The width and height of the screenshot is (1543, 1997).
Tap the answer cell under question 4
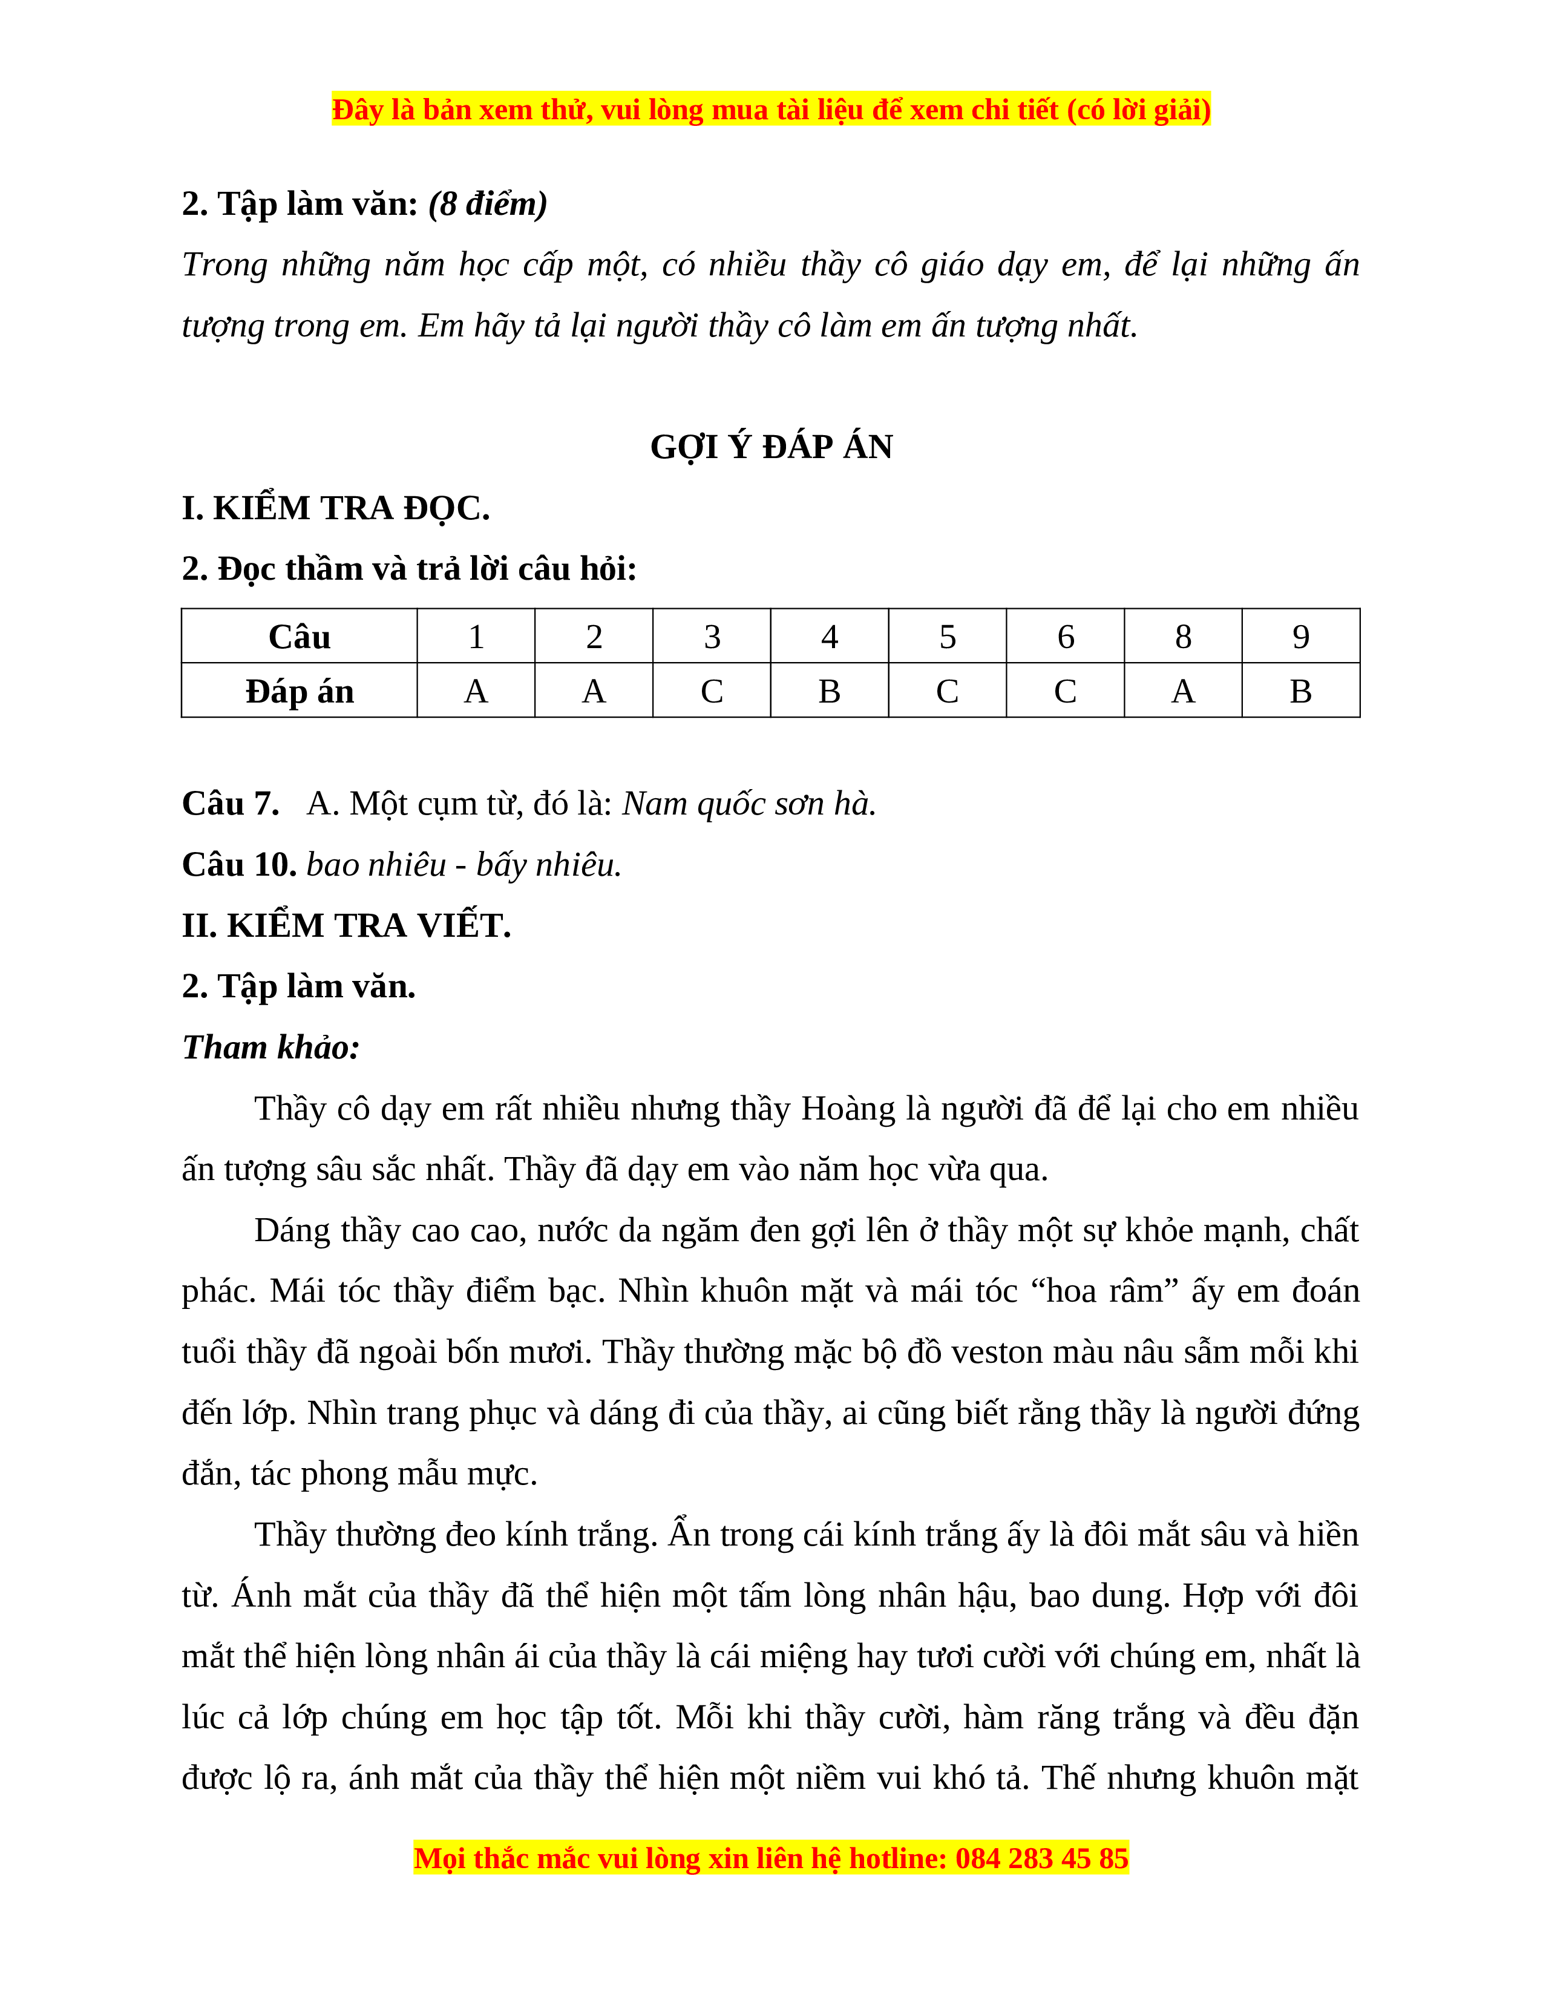829,691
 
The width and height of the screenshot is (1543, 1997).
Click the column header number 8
1183,637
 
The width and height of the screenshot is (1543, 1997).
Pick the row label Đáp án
299,691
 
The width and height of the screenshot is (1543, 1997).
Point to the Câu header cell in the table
299,637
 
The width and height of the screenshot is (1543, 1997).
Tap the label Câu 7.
231,804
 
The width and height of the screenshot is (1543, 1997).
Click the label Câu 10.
238,865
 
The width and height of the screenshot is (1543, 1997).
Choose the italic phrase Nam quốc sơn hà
749,804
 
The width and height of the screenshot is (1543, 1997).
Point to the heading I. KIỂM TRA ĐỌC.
335,508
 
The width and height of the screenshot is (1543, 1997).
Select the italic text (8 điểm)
488,204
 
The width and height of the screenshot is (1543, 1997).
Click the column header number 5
947,637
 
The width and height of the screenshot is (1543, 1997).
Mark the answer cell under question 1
476,691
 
